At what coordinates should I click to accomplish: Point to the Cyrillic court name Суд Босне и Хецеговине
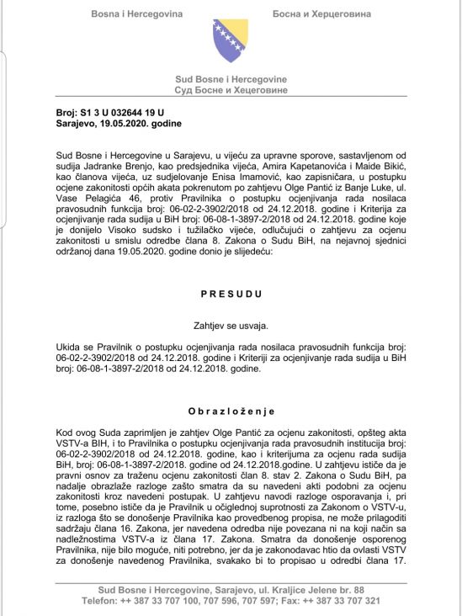point(231,89)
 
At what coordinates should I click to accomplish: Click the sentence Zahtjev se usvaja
point(231,325)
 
